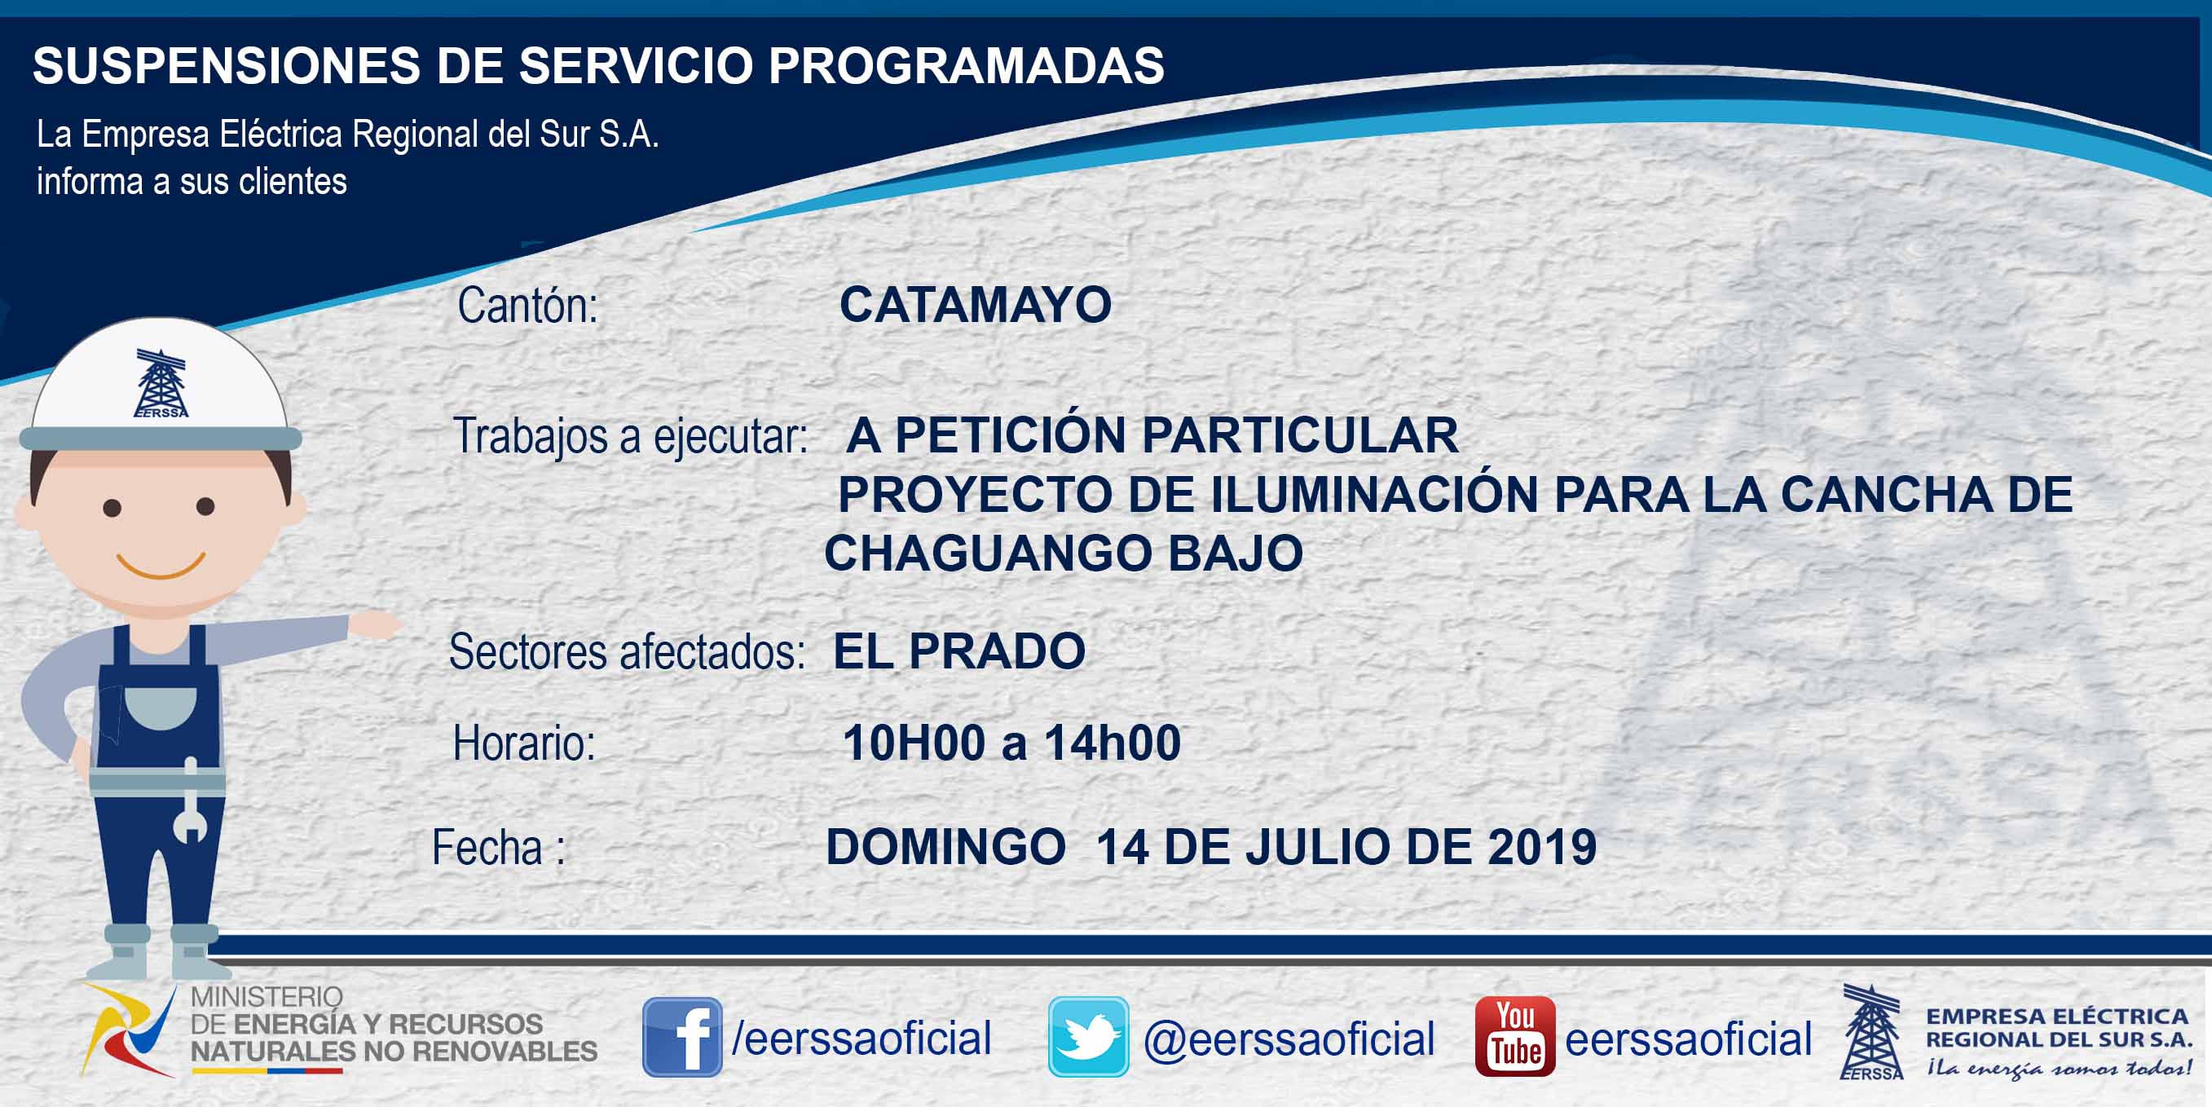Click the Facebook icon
pos(682,1037)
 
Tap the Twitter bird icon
pos(1088,1037)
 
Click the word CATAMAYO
pos(976,305)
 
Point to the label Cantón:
pos(527,305)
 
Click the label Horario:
pos(524,743)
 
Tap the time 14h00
pos(1112,743)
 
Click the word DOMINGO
pos(945,847)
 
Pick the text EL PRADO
pos(959,651)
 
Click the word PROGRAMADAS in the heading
pos(966,65)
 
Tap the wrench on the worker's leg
pos(190,800)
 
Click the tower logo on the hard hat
pos(161,383)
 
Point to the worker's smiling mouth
pos(161,566)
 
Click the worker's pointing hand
pos(375,624)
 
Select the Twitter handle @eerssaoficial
pos(1289,1039)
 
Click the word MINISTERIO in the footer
pos(267,996)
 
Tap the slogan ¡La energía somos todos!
pos(2059,1069)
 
